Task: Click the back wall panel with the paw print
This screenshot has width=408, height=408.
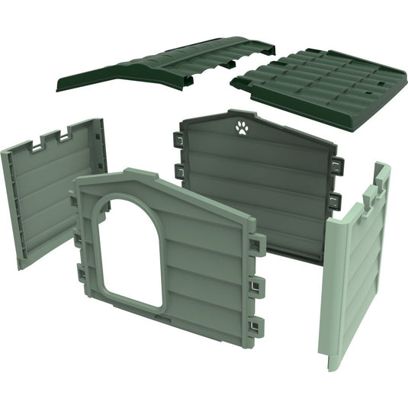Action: pyautogui.click(x=255, y=191)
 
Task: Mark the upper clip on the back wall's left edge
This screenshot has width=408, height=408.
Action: pyautogui.click(x=178, y=140)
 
